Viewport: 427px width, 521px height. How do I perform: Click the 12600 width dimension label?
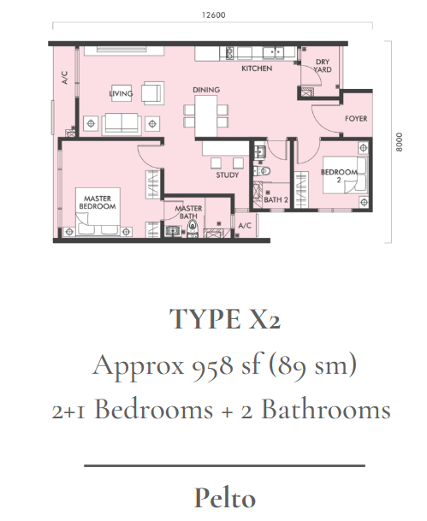213,15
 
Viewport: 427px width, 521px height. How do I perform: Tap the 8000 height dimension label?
399,142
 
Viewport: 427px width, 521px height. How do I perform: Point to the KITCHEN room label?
257,68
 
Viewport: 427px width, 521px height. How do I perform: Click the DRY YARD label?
323,66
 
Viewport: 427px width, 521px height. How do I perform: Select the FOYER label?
356,119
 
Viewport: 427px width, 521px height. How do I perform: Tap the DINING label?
206,90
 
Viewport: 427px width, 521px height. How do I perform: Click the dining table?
206,115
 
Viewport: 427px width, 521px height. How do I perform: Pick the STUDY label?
228,175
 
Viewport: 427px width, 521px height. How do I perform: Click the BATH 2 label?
276,199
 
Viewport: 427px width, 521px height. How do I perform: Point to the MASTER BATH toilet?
193,229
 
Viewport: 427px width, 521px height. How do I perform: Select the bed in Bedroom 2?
345,175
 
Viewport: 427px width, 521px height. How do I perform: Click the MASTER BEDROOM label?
98,203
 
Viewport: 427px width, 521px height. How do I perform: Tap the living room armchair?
152,92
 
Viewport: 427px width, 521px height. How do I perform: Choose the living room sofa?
122,123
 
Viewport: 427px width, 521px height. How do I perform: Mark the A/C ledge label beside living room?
65,77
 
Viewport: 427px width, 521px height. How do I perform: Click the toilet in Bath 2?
264,171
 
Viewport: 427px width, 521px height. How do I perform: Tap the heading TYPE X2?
225,319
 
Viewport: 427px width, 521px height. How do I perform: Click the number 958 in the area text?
212,365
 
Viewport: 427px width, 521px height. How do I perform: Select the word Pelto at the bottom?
225,497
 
